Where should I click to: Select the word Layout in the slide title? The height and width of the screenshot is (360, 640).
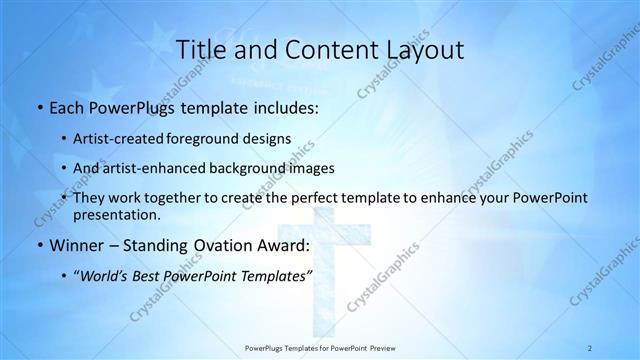point(424,49)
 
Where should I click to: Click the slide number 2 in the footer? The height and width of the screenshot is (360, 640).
point(590,347)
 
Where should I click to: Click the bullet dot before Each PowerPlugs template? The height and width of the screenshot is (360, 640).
point(38,108)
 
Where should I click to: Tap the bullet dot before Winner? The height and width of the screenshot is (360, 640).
point(38,246)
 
